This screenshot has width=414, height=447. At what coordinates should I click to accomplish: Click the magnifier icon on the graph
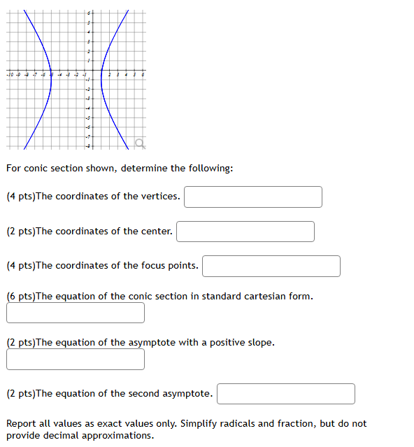140,144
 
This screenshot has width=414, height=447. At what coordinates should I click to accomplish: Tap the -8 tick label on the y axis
88,145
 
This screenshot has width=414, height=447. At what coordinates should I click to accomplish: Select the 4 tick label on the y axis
89,33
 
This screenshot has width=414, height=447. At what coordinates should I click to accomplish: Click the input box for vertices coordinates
253,197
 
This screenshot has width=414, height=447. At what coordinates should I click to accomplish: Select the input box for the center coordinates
245,232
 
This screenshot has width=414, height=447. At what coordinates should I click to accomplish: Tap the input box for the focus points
271,266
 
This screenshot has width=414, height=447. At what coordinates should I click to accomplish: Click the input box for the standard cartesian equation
76,313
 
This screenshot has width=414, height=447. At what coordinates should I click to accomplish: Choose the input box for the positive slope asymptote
76,360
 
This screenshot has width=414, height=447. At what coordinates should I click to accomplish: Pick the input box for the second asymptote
285,394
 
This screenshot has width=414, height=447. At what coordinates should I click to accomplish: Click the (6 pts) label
20,297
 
